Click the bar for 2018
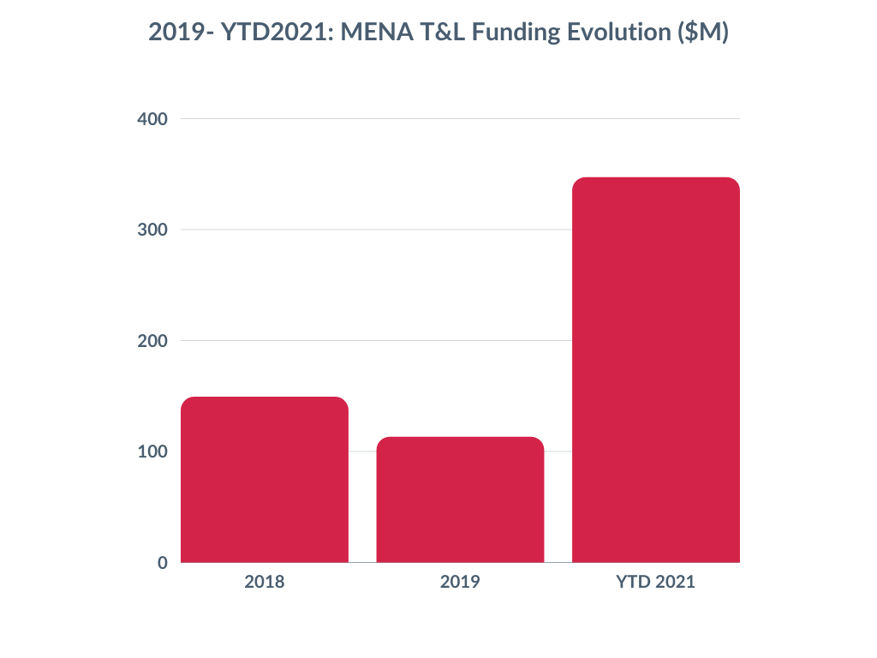(265, 480)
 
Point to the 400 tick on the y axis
(152, 119)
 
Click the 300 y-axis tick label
(152, 230)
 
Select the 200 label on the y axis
(152, 341)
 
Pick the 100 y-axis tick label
(152, 452)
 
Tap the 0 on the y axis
(162, 563)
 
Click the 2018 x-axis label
(265, 583)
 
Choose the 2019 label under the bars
(460, 583)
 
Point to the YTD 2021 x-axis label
(656, 583)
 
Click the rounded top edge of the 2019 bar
(460, 438)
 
